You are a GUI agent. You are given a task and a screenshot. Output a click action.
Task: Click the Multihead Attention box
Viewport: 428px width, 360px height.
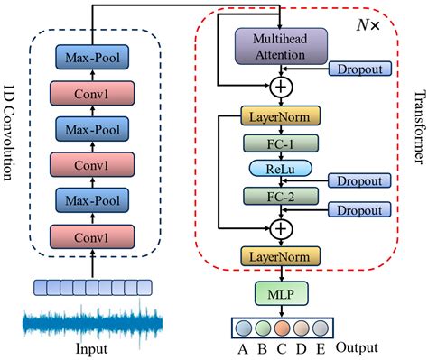[281, 47]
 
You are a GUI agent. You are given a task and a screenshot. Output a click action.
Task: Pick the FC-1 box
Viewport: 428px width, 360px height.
[281, 143]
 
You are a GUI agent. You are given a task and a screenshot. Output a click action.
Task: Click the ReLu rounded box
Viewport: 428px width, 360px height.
[281, 169]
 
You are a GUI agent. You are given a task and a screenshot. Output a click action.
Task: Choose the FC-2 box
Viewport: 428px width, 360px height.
[281, 194]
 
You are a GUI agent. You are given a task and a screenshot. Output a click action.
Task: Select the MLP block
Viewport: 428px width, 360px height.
[281, 293]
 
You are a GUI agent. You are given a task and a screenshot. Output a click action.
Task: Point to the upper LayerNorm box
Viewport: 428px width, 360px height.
[281, 116]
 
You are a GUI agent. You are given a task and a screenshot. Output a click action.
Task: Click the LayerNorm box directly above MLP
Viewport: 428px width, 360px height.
[281, 256]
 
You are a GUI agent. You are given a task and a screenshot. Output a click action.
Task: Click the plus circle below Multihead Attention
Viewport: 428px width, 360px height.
[281, 88]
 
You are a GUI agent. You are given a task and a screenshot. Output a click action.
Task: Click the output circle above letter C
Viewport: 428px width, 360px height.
[281, 327]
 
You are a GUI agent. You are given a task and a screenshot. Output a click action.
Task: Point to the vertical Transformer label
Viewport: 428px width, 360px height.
[417, 127]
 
